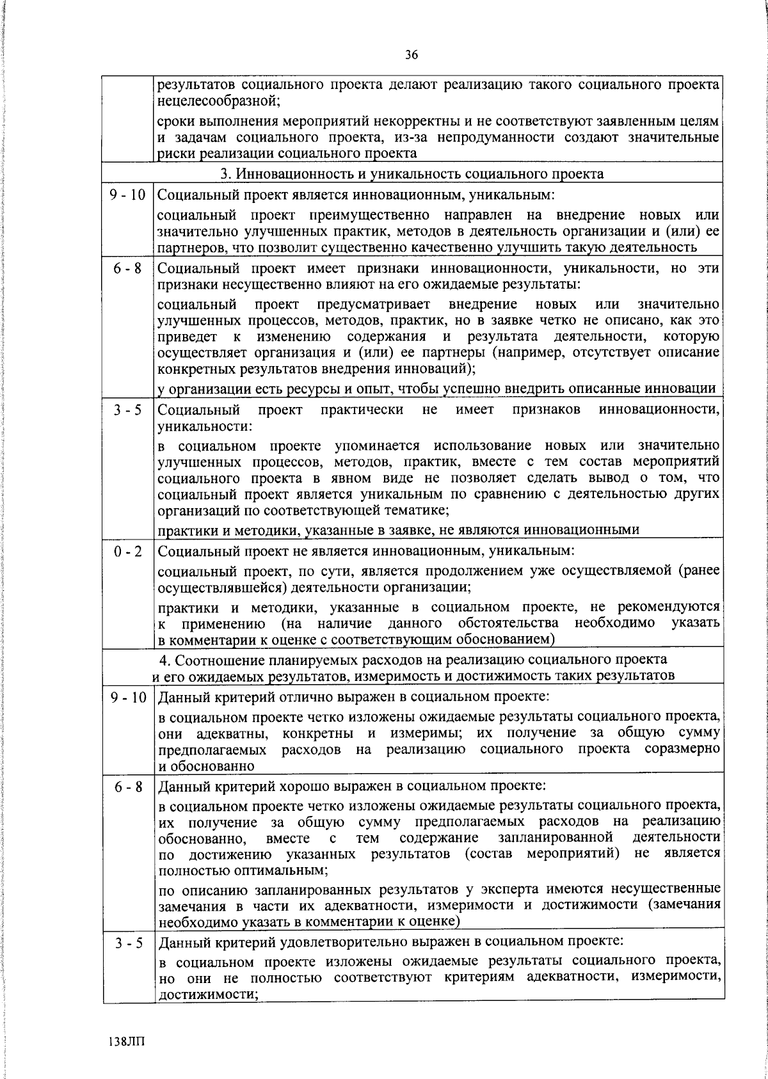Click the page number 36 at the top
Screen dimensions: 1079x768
(412, 55)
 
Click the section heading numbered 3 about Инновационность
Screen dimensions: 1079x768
(412, 174)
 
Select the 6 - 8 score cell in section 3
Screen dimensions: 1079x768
(127, 269)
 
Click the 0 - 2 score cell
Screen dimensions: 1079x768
(127, 551)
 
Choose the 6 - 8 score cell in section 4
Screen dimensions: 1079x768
(127, 787)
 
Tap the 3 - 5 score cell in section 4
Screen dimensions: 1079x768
(127, 943)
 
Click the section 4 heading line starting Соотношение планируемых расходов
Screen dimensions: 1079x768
(412, 660)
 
